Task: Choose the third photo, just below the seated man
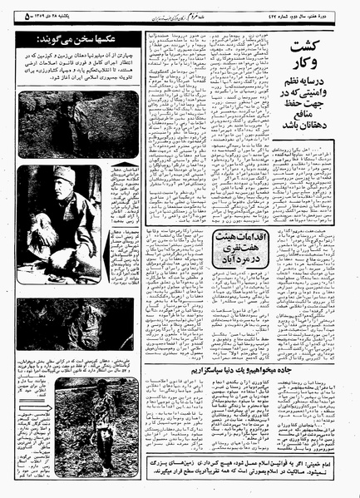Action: (79, 325)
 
